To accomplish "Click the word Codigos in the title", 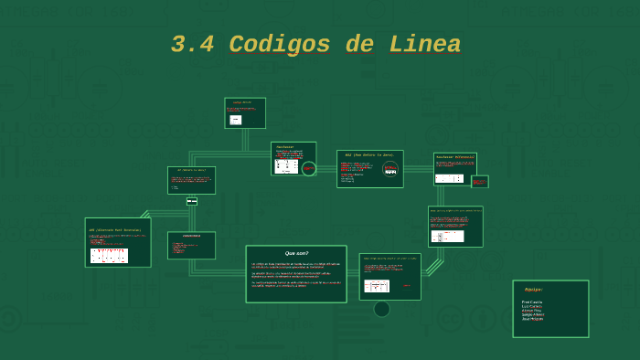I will [281, 44].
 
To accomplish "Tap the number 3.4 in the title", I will [192, 44].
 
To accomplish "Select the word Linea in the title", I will [424, 44].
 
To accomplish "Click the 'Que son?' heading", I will [296, 253].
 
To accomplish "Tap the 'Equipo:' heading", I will [534, 290].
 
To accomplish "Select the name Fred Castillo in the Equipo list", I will [532, 302].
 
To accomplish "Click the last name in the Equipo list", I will [532, 319].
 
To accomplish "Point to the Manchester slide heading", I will [284, 146].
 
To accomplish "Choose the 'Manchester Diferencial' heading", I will [454, 156].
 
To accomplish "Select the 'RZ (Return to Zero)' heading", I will [191, 170].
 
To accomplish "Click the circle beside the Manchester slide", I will [309, 168].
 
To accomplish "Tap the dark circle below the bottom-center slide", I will [381, 309].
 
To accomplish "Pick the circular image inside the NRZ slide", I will [390, 169].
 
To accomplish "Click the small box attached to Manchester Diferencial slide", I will [480, 182].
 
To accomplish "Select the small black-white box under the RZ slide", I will [192, 201].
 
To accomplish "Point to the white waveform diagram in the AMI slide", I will [109, 256].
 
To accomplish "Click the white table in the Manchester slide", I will [285, 165].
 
